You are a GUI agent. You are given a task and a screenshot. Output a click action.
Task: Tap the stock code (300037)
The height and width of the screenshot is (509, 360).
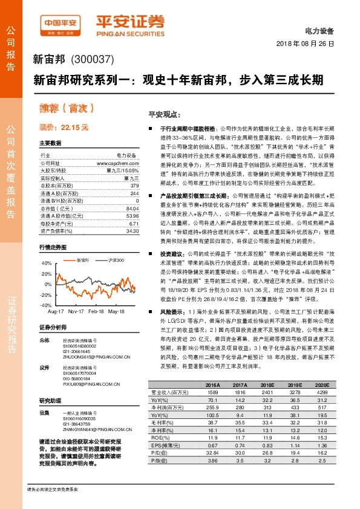click(93, 60)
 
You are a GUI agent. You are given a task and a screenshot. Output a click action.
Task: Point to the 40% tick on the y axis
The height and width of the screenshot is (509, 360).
click(47, 263)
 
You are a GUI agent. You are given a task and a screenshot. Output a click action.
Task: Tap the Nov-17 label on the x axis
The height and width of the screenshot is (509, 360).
click(76, 311)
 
